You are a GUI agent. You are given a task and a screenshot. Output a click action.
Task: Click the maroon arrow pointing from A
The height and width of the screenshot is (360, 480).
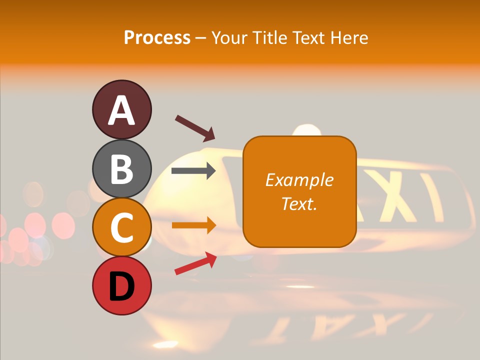tap(194, 128)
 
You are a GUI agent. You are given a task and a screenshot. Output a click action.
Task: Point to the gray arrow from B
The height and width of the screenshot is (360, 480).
tap(193, 171)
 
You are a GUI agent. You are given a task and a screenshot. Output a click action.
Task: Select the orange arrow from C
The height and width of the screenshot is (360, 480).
tap(193, 225)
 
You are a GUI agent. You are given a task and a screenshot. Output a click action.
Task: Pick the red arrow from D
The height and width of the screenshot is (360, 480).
tap(195, 263)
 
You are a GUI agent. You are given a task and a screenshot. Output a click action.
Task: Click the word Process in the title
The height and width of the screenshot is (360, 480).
tap(157, 37)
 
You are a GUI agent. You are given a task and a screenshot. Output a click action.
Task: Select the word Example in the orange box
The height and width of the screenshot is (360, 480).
tap(299, 180)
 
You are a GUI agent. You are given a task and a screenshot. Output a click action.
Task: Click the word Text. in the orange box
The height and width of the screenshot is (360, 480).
tap(299, 203)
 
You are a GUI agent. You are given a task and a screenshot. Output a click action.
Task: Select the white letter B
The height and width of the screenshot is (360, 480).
tap(121, 169)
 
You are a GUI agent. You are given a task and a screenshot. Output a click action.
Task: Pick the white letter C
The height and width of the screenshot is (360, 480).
tap(121, 227)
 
